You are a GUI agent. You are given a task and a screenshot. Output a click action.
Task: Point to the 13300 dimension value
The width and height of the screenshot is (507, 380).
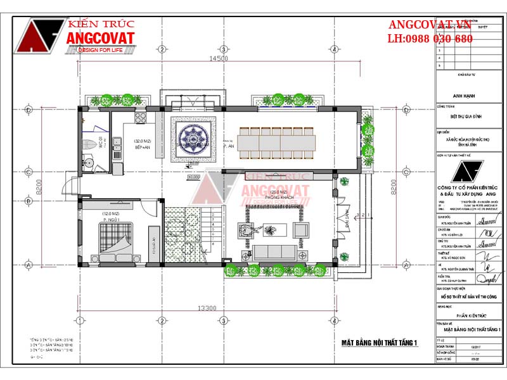pyautogui.click(x=207, y=308)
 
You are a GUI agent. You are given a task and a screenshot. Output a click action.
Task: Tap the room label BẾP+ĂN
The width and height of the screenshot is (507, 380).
pyautogui.click(x=141, y=144)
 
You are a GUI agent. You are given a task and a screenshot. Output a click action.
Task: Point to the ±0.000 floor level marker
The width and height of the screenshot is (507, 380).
pyautogui.click(x=193, y=177)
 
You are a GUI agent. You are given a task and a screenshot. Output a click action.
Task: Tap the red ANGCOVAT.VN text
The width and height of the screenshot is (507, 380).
pyautogui.click(x=431, y=25)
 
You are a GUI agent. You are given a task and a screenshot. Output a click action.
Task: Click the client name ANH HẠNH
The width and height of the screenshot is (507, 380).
pyautogui.click(x=465, y=96)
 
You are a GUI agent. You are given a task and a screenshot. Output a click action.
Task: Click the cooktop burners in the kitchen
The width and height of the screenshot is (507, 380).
pyautogui.click(x=140, y=117)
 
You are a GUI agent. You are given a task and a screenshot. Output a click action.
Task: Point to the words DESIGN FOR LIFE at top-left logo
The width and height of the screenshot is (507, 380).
pyautogui.click(x=101, y=51)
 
